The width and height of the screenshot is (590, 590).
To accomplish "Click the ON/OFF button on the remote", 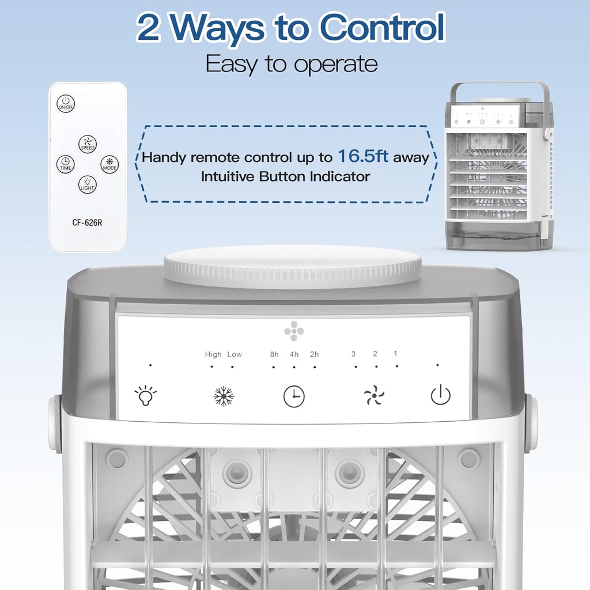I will tap(66, 104).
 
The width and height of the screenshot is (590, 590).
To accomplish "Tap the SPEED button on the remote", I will tap(88, 144).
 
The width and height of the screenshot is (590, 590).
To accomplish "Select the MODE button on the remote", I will tap(109, 164).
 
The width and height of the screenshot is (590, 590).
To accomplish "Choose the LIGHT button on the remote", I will tap(88, 184).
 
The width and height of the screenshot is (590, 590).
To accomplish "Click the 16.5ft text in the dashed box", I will tap(363, 156).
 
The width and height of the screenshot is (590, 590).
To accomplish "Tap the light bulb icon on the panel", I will tap(145, 396).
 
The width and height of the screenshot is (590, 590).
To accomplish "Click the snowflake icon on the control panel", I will tap(224, 396).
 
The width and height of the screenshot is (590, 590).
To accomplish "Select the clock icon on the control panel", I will tap(294, 396).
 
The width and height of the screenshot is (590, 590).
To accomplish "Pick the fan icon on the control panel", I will tap(374, 396).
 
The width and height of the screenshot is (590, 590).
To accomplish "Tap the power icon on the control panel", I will tap(441, 395).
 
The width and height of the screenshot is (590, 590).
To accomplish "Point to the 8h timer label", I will tap(274, 354).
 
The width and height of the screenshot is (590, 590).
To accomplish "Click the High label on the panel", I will tap(213, 354).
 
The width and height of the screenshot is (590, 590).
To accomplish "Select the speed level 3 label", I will tap(354, 354).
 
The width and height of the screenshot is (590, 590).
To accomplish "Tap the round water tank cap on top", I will tap(293, 266).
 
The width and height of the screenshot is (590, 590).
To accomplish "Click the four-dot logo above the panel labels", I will tap(293, 331).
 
